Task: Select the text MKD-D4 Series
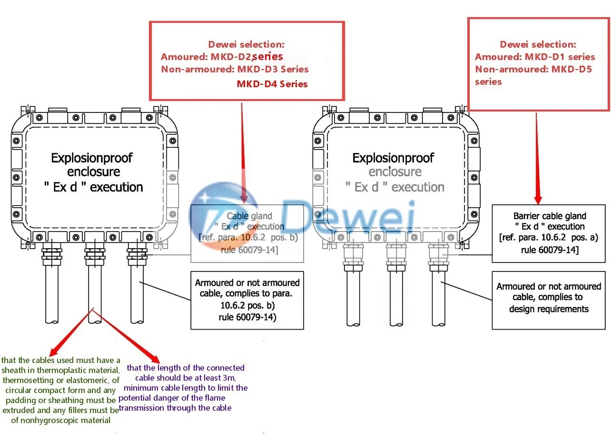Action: [x=272, y=84]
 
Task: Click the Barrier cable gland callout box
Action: [x=550, y=233]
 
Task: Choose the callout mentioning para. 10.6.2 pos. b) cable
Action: [x=247, y=300]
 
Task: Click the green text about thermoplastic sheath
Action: [x=60, y=390]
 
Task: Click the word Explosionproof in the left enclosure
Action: [x=92, y=158]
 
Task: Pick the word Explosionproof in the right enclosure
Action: [x=393, y=158]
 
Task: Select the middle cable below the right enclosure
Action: [x=395, y=298]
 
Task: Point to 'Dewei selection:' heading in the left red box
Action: [x=246, y=44]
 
